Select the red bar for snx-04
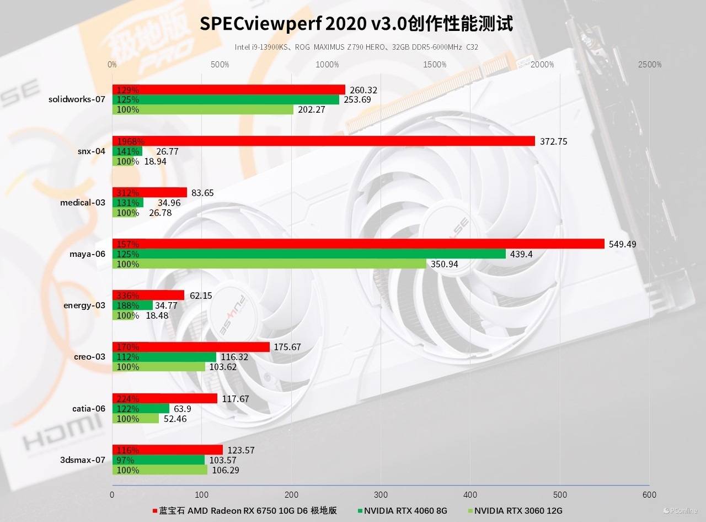[323, 141]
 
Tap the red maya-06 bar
[359, 244]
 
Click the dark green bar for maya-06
[309, 254]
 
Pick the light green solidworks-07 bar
[203, 109]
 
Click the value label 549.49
[622, 244]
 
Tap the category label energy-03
[84, 305]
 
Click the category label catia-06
[88, 409]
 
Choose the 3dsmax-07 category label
[83, 460]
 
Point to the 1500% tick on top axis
[435, 65]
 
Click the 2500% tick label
[650, 65]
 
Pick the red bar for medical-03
[149, 193]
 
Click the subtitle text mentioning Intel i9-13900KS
[356, 48]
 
